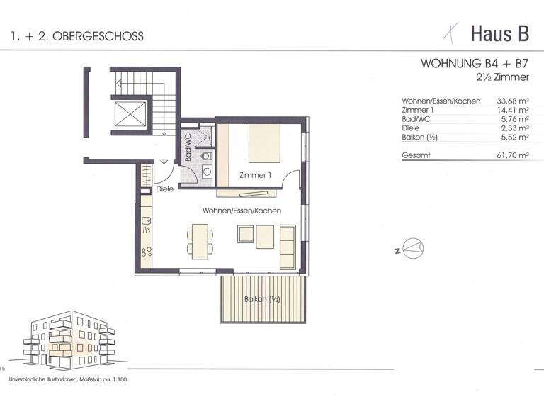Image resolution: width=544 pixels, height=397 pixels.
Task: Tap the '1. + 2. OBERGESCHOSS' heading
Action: (77, 35)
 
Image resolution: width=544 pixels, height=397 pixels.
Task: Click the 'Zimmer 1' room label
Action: (256, 175)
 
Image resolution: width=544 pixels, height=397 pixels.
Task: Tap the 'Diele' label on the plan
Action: (165, 189)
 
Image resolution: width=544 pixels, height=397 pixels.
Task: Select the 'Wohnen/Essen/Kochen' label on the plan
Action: (242, 211)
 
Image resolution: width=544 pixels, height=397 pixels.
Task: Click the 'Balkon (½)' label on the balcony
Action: (262, 300)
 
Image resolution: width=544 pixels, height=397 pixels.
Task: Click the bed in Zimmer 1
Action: (264, 143)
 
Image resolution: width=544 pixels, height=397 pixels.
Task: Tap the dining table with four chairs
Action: (200, 238)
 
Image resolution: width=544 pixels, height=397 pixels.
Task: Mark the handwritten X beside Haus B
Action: (446, 31)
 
